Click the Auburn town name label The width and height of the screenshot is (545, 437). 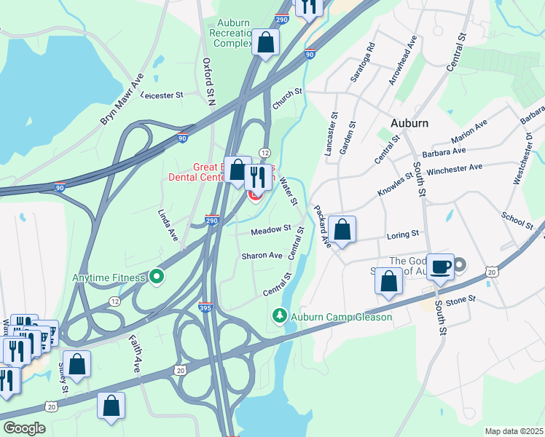pyautogui.click(x=409, y=123)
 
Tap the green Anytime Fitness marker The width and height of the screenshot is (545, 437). pyautogui.click(x=156, y=277)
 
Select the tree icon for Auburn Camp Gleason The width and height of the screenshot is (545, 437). pyautogui.click(x=278, y=316)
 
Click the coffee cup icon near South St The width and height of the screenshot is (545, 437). pyautogui.click(x=440, y=267)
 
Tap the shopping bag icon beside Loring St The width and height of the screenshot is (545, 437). pyautogui.click(x=342, y=229)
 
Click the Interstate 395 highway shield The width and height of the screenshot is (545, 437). pyautogui.click(x=206, y=309)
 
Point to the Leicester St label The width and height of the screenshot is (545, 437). pyautogui.click(x=162, y=95)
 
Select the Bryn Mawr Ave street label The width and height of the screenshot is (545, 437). pyautogui.click(x=122, y=98)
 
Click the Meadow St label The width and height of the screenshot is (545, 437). pyautogui.click(x=271, y=231)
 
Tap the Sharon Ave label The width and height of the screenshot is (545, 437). pyautogui.click(x=262, y=256)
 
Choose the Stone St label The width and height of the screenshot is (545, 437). pyautogui.click(x=460, y=299)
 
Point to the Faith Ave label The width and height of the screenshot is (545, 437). pyautogui.click(x=136, y=355)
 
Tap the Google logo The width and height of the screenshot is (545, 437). pyautogui.click(x=24, y=428)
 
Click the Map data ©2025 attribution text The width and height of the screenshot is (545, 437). pyautogui.click(x=514, y=431)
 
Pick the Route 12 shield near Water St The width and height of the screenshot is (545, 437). pyautogui.click(x=265, y=151)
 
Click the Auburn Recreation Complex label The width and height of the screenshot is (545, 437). pyautogui.click(x=230, y=33)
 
